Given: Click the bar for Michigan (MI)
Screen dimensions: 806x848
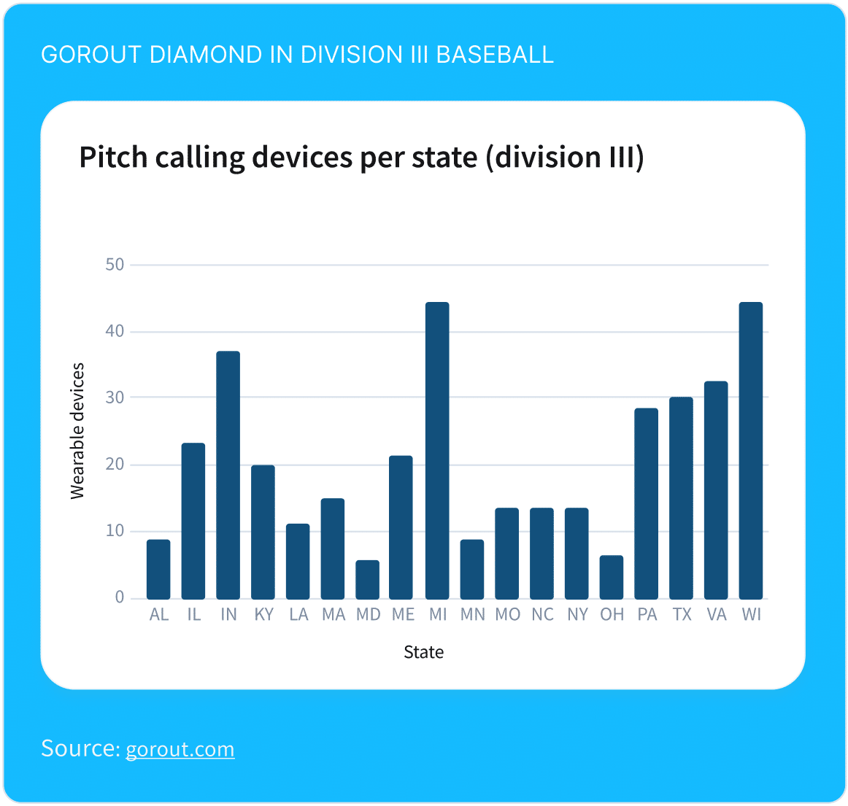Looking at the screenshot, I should pos(437,451).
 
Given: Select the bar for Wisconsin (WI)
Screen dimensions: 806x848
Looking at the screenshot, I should pos(750,451).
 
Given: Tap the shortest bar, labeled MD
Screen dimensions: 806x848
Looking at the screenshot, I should pos(367,580).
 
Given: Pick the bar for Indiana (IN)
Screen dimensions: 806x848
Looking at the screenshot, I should pos(228,476).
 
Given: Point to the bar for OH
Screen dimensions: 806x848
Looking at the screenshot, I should pos(612,578).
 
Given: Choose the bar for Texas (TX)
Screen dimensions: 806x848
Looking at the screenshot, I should pos(681,498).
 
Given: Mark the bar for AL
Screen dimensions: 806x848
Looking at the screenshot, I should pos(158,570).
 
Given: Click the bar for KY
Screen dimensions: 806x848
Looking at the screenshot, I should pos(263,532).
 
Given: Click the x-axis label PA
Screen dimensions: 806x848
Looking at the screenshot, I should pos(647,615).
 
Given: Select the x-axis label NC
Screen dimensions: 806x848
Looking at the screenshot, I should pos(542,615).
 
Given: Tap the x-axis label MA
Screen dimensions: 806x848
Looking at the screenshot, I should pos(333,615).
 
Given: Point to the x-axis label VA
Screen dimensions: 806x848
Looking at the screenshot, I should pos(716,615).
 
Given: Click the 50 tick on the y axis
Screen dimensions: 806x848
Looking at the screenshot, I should pos(115,265).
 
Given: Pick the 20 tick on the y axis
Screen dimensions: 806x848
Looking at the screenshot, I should pos(115,465).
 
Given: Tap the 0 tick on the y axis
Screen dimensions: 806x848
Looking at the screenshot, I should pos(120,597).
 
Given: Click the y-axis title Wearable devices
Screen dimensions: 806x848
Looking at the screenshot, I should pos(77,431).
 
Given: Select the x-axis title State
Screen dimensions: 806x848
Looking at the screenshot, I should pos(423,652).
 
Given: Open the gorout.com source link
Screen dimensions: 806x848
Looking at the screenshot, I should pos(180,749).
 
